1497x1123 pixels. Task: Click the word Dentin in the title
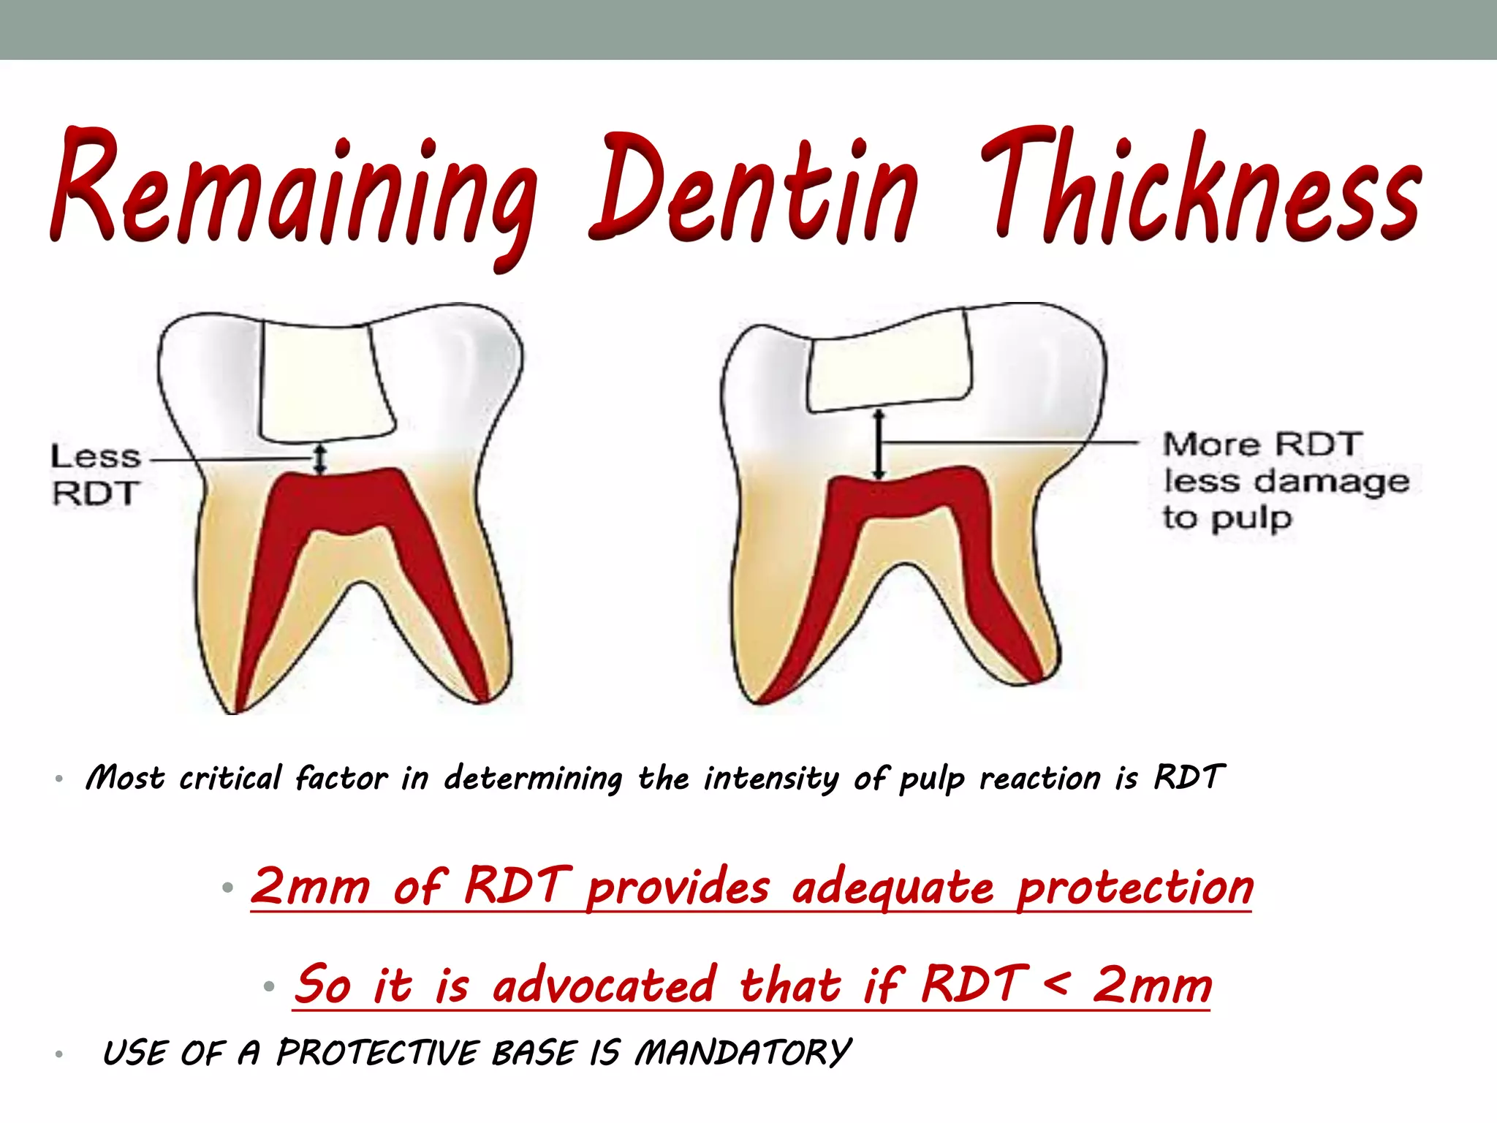coord(753,190)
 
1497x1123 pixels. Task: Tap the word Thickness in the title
coord(1199,190)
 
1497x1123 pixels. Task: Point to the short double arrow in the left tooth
coord(319,459)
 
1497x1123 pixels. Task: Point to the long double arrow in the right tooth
coord(879,445)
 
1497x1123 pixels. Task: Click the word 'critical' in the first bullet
coord(230,778)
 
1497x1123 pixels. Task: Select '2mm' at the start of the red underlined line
coord(311,887)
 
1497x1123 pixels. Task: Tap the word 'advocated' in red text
coord(604,986)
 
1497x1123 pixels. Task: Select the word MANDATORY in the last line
coord(742,1054)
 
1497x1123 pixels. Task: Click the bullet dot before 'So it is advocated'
coord(268,987)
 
